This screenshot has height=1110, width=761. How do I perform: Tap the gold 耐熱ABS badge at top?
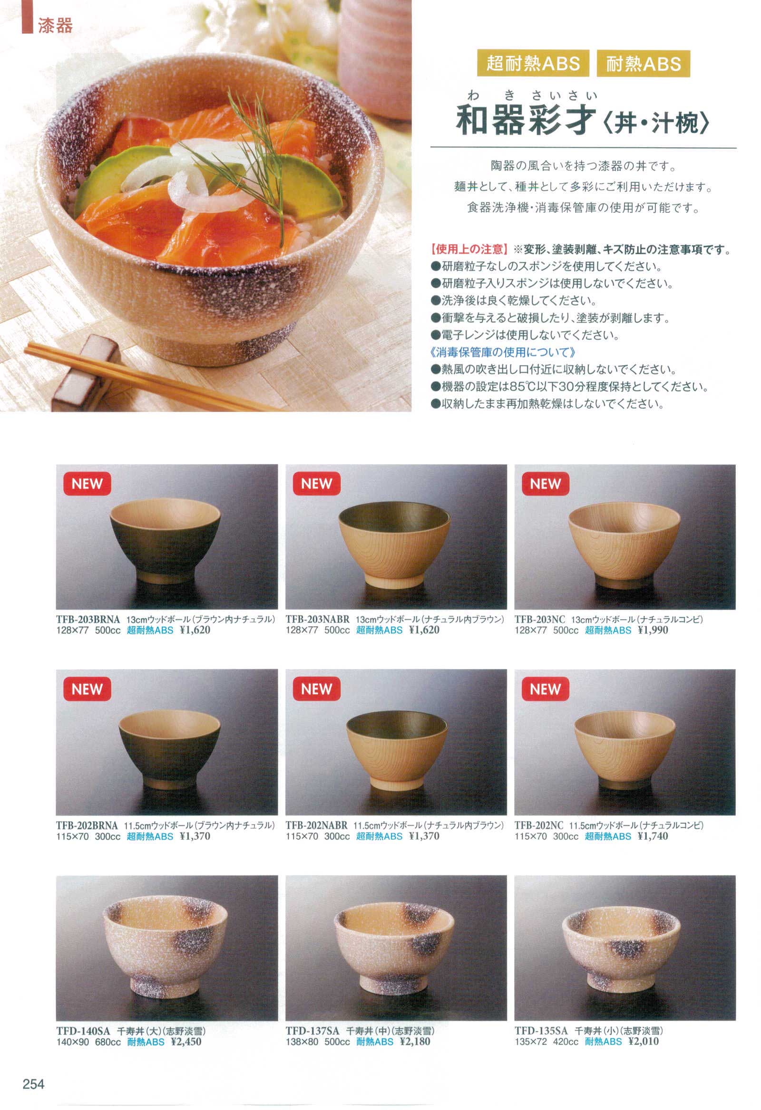(x=644, y=63)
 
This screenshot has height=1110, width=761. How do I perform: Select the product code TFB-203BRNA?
(x=88, y=619)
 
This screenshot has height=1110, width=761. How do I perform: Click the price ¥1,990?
(x=653, y=631)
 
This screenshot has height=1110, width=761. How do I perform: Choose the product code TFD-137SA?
(x=312, y=1031)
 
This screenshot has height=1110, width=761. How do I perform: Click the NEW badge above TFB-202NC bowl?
(x=546, y=689)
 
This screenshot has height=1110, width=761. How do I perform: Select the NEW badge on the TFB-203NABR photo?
(x=316, y=484)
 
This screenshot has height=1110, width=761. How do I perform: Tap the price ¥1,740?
(x=653, y=836)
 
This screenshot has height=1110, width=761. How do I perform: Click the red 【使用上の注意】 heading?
(x=468, y=249)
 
